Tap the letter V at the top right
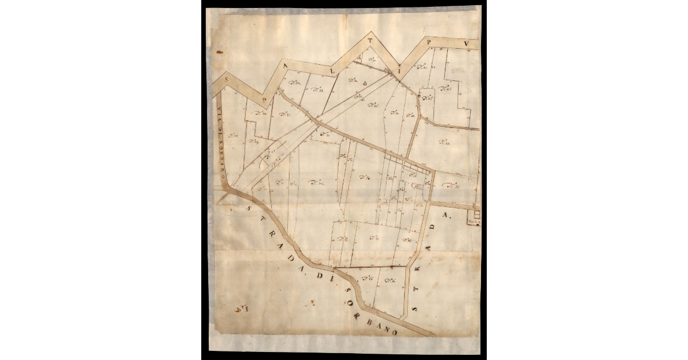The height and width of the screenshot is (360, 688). click(x=467, y=44)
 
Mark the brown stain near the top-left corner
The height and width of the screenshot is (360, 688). click(x=219, y=52)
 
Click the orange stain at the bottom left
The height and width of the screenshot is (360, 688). click(x=239, y=309)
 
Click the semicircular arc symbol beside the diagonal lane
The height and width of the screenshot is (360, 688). click(x=265, y=164)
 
